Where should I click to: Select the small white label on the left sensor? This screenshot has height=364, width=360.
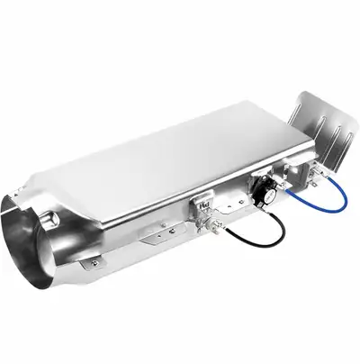(204, 199)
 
